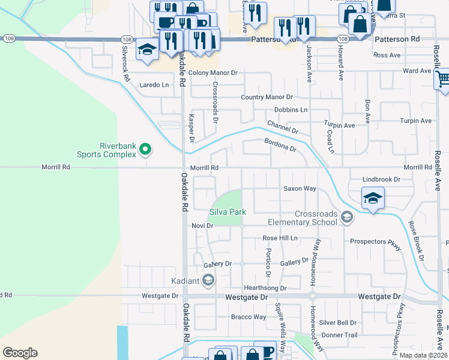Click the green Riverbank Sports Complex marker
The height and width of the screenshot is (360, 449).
coord(145,149)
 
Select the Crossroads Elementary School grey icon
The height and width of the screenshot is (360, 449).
coord(346,218)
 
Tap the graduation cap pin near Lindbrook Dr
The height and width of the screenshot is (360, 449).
coord(372,199)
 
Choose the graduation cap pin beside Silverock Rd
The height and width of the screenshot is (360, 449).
coord(146,50)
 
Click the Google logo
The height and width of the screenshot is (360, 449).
coord(20,353)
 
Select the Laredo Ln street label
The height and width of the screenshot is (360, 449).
coord(155,85)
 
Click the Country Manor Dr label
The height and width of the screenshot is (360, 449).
coord(267,97)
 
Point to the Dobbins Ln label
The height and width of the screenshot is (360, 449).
coord(291,110)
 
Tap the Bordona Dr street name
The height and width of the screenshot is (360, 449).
coord(280,145)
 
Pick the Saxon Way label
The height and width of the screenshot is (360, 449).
coord(300,188)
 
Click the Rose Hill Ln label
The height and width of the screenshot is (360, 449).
coord(280,238)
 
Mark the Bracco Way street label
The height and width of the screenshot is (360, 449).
coord(249,317)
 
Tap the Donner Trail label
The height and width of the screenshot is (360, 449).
coord(339,335)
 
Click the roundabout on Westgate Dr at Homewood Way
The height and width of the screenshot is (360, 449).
coord(312,296)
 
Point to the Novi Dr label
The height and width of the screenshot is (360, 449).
coord(202,226)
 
